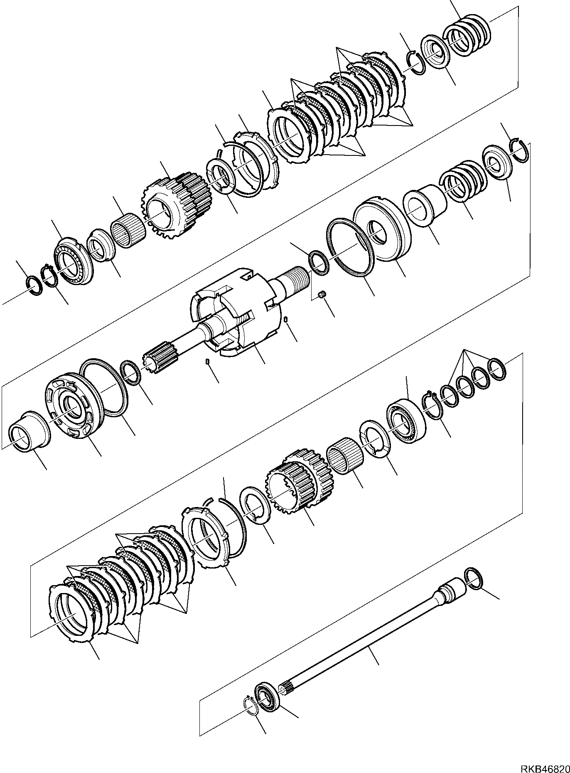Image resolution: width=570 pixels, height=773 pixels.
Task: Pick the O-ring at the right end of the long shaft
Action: point(474,579)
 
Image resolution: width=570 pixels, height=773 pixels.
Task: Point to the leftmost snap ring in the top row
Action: point(33,285)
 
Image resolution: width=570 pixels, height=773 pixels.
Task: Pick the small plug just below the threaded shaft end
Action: point(321,295)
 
